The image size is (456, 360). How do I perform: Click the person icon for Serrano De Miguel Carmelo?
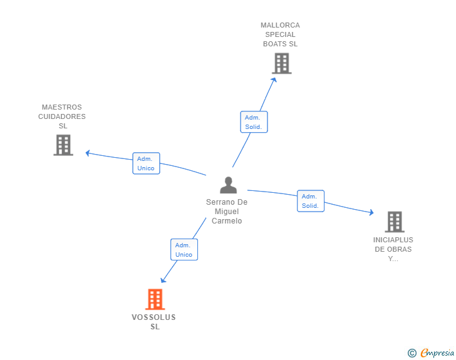tap(228, 185)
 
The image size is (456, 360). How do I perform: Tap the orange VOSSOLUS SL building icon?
tap(155, 299)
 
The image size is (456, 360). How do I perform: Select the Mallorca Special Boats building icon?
tap(282, 63)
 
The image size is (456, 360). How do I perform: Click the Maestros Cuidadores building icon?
tap(63, 145)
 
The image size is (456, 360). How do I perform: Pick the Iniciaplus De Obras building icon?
tap(395, 222)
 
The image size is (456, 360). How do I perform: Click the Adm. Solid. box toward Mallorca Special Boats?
tap(254, 122)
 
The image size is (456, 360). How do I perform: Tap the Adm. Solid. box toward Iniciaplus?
tap(311, 201)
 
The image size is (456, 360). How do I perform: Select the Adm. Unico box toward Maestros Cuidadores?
tap(146, 163)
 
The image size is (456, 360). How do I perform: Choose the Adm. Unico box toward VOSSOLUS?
tap(184, 250)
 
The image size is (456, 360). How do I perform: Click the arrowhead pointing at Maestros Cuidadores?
tap(88, 153)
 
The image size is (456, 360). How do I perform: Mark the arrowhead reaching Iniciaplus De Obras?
tap(371, 212)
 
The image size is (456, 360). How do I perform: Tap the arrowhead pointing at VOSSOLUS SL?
tap(163, 280)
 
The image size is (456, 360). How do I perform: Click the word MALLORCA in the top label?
tap(280, 25)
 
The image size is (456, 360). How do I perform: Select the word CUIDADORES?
tap(62, 116)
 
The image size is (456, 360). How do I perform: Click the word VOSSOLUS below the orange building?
tap(154, 317)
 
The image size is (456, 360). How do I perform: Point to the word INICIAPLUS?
tap(393, 240)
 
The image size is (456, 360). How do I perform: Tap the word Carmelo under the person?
tap(227, 221)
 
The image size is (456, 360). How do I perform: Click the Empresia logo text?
tap(437, 352)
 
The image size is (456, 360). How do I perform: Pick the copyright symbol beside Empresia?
tap(412, 353)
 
